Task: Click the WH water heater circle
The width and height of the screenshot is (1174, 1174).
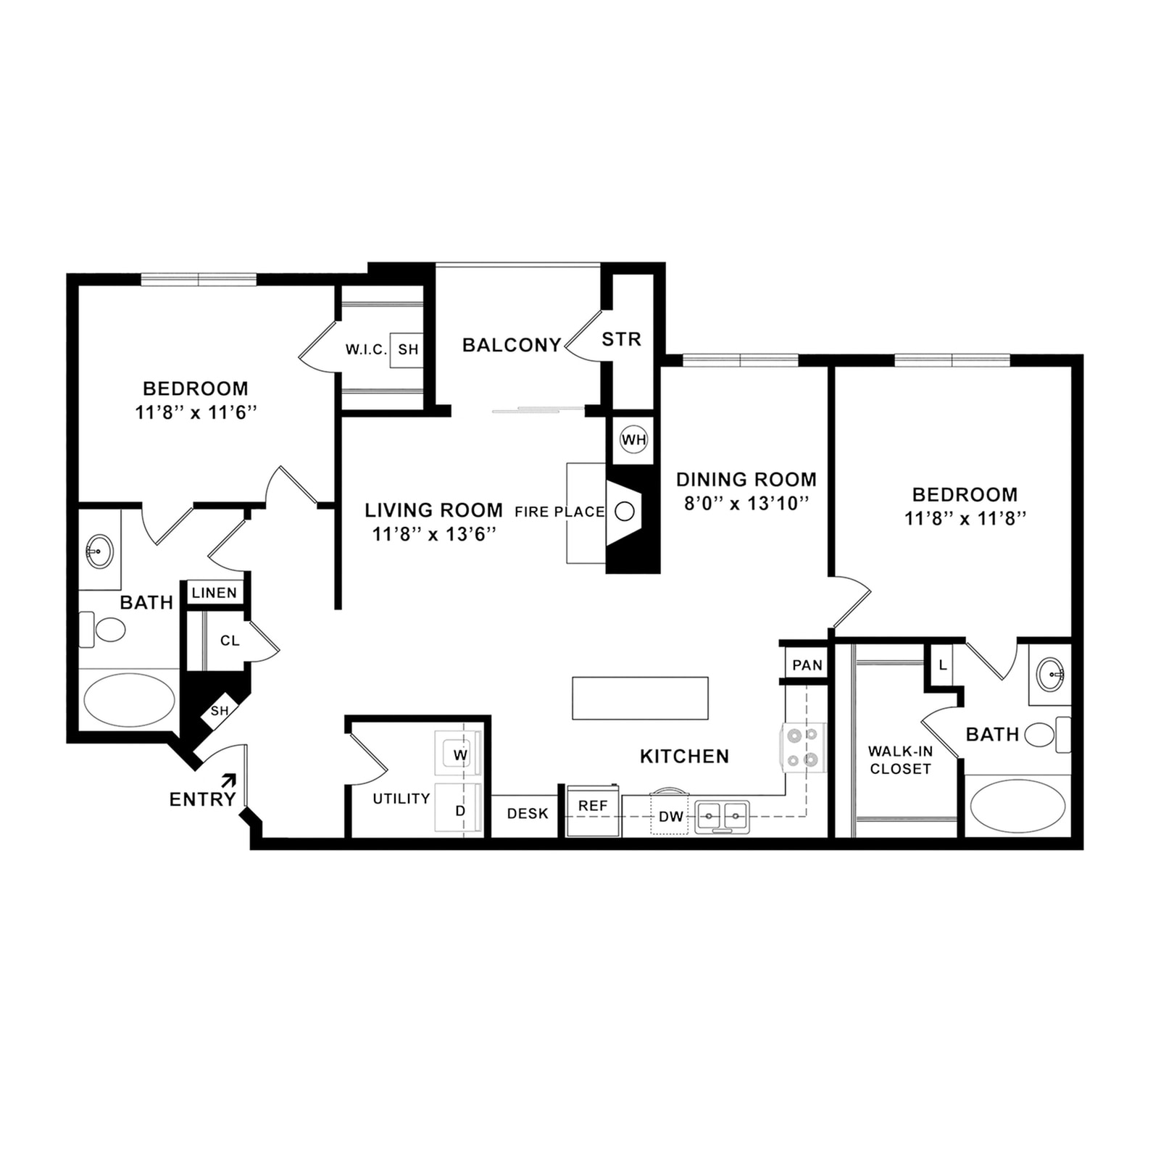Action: pos(633,440)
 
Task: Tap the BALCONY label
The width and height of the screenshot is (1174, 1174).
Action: pos(512,345)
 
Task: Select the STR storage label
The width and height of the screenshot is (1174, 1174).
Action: pos(622,339)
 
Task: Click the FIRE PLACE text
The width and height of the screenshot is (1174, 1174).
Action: pos(559,512)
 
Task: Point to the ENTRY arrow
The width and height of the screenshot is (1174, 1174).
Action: pos(228,780)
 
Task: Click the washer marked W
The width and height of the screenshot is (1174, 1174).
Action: pos(459,754)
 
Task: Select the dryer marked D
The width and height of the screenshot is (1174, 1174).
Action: pos(459,810)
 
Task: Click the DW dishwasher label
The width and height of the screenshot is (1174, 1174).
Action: pos(670,817)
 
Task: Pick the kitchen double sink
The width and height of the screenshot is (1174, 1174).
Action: pos(722,816)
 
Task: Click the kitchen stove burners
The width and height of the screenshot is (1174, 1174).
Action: pos(803,747)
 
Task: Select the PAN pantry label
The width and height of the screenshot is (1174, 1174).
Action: pos(807,665)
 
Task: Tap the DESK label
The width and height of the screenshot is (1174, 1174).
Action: pos(528,814)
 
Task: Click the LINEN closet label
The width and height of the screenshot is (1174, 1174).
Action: pos(215,593)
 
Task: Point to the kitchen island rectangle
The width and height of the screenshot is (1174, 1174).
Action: pos(640,698)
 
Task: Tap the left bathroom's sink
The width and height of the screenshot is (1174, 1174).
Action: pos(99,551)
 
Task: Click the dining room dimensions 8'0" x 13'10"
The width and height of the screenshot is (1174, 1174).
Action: pos(746,504)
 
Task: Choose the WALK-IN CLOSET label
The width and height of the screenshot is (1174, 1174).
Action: pos(900,760)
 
